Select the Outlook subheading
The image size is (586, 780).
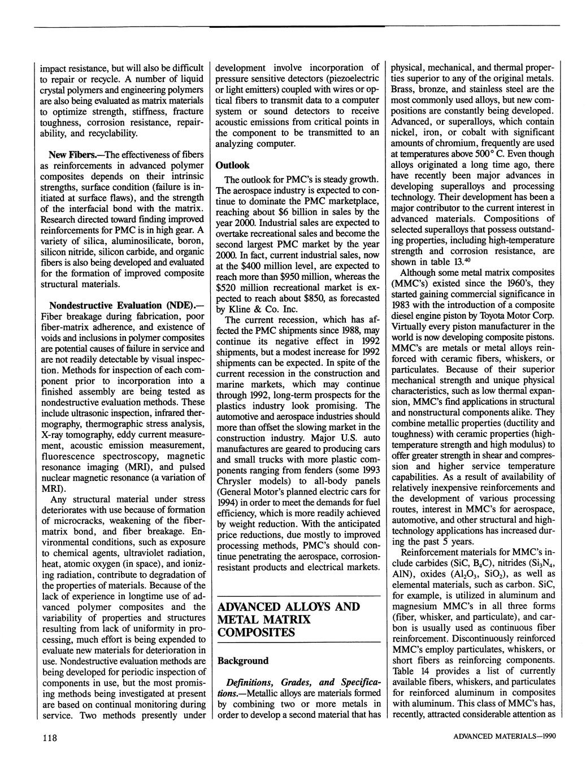[232, 165]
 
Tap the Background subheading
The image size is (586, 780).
[243, 660]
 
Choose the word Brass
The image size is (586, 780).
[404, 89]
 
